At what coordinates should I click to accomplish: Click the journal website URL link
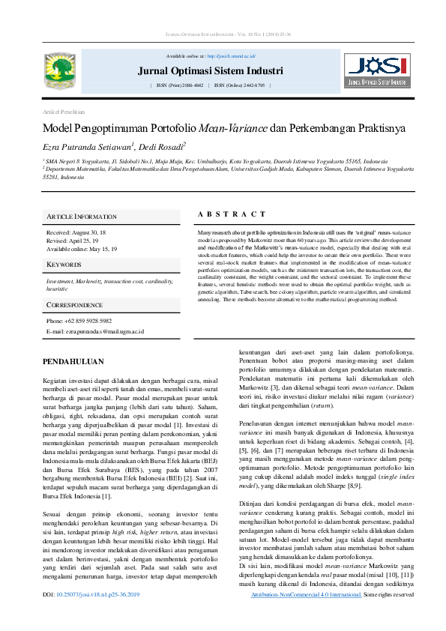(231, 56)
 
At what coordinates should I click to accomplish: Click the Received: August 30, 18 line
(78, 233)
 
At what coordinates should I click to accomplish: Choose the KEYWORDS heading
(64, 265)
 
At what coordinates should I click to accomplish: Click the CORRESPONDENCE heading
(75, 306)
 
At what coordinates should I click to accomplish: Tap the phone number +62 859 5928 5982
(78, 321)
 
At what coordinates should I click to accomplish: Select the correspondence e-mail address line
(94, 330)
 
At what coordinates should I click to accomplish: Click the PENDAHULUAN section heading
(73, 361)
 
